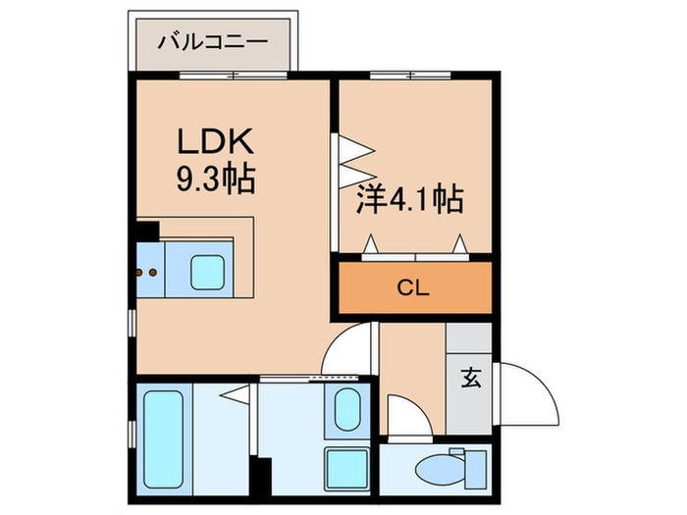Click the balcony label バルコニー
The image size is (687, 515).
[214, 42]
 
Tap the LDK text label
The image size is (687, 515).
[217, 142]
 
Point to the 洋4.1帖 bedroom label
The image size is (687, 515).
[407, 200]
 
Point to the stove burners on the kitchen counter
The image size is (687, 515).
[149, 269]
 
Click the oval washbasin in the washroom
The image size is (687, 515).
[344, 409]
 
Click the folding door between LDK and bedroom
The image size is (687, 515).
[352, 158]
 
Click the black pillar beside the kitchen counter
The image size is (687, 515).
[146, 232]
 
